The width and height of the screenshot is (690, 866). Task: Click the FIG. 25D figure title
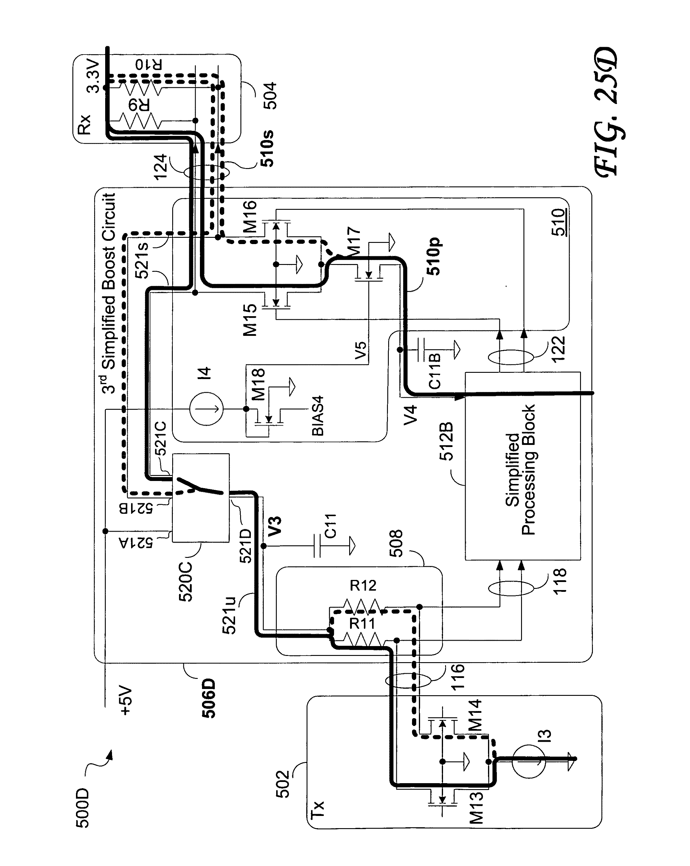coord(607,112)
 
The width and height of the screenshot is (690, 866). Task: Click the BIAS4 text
coord(317,416)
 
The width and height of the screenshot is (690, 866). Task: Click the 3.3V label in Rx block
coord(93,76)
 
